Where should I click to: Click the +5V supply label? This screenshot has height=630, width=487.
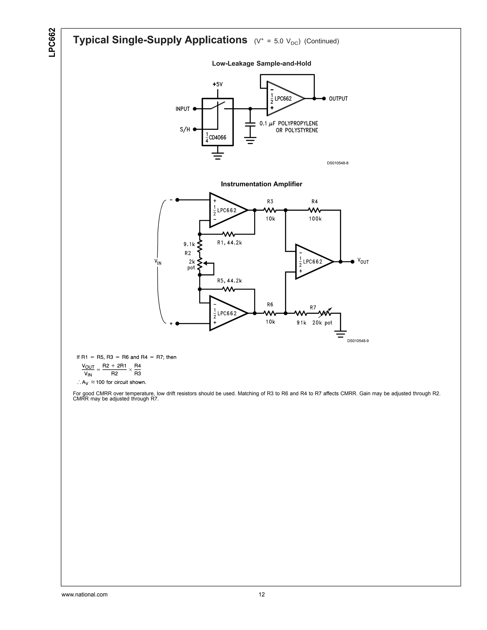[x=218, y=85]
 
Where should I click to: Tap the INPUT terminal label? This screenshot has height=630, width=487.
[x=183, y=109]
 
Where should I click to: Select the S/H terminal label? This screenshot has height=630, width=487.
[x=185, y=130]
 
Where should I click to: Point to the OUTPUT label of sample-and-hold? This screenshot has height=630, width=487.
[x=338, y=99]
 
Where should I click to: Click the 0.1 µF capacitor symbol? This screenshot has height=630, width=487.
[x=250, y=124]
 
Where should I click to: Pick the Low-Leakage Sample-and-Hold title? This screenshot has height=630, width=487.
[x=261, y=63]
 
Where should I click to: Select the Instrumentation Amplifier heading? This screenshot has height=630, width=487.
[x=261, y=184]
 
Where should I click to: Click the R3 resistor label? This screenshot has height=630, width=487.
[x=270, y=202]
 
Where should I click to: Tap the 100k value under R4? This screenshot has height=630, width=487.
[x=315, y=219]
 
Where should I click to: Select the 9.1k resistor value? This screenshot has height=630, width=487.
[x=189, y=244]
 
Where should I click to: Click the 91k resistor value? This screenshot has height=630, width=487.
[x=301, y=323]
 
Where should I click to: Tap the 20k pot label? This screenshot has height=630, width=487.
[x=322, y=323]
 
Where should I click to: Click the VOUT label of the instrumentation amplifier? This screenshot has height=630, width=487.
[x=363, y=261]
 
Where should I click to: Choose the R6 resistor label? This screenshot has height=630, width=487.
[x=270, y=305]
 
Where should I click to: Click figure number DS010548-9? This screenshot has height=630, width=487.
[x=358, y=341]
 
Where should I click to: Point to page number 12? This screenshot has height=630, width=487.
[x=261, y=595]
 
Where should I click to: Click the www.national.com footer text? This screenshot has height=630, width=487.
[x=84, y=595]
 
